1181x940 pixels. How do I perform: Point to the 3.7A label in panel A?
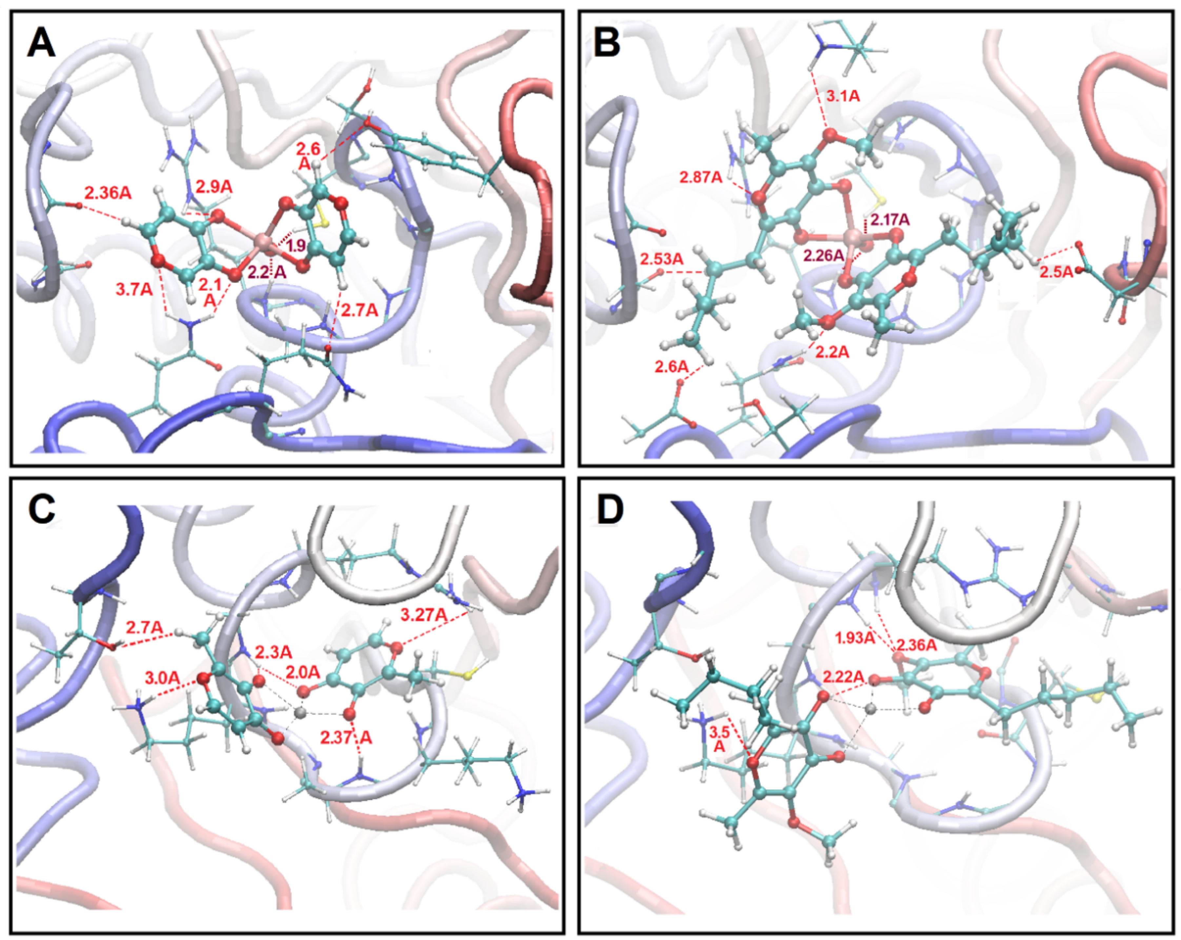[134, 289]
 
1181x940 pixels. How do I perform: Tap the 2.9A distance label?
[214, 187]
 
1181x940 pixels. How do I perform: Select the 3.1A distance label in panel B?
[843, 96]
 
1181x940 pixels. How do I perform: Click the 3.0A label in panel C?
[163, 678]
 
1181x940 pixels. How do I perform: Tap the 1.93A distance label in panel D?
[854, 638]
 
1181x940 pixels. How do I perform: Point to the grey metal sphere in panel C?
[300, 713]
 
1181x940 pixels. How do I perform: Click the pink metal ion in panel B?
[853, 237]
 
